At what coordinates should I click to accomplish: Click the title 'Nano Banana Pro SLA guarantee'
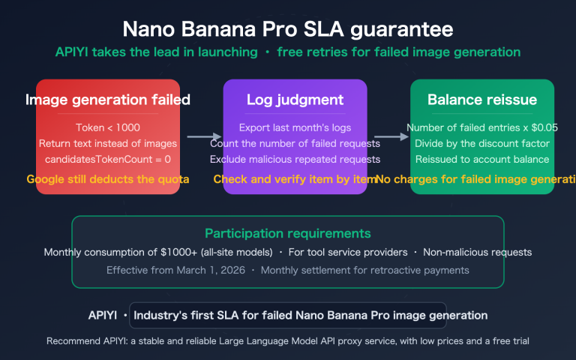coord(288,29)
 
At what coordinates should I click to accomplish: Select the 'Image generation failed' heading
coord(107,100)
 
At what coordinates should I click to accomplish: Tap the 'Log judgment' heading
coord(295,100)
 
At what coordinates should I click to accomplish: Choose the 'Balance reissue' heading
coord(482,100)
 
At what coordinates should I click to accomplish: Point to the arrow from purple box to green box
coord(388,136)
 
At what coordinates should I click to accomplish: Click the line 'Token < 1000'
coord(107,127)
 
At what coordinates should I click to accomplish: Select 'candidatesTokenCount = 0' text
coord(107,159)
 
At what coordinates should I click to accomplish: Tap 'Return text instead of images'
coord(107,143)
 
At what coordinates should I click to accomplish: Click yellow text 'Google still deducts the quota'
coord(107,179)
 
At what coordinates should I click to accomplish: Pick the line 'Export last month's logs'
coord(295,127)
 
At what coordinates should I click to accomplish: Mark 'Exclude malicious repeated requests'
coord(295,159)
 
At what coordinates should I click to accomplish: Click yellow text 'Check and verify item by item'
coord(292,179)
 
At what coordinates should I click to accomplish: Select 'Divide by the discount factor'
coord(482,143)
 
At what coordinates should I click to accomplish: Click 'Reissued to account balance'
coord(482,159)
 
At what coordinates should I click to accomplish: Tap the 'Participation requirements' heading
coord(287,233)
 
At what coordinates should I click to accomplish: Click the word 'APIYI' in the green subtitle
coord(73,53)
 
